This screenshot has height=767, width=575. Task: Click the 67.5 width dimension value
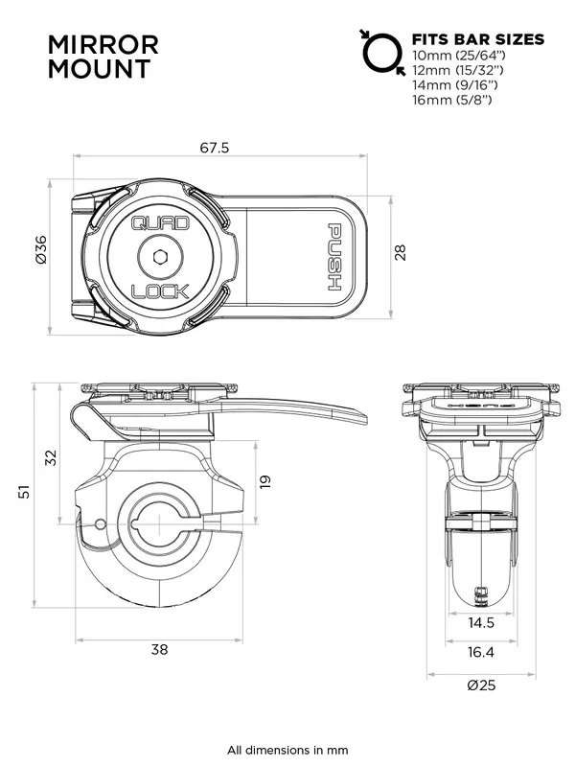(215, 148)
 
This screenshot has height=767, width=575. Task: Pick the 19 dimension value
(265, 478)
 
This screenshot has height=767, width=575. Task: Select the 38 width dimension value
(159, 649)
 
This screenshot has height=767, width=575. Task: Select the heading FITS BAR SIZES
(477, 39)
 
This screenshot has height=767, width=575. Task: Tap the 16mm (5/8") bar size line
(452, 100)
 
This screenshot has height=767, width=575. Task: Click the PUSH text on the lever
(336, 255)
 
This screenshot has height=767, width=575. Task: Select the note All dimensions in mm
(287, 750)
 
